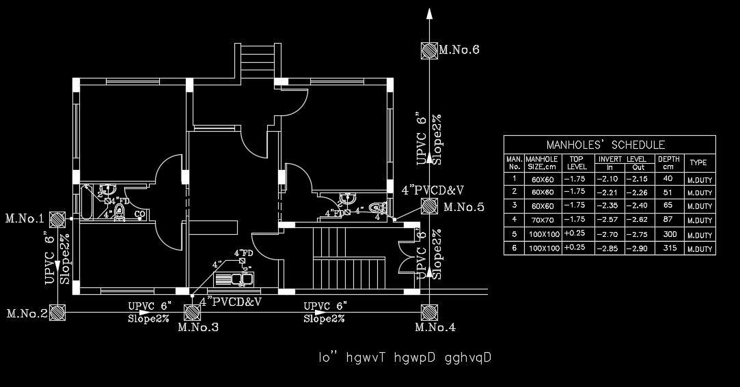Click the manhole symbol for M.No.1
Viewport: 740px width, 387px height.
pos(57,218)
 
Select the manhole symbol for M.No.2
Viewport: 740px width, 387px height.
pos(57,312)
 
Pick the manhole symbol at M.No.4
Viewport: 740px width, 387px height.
pos(429,312)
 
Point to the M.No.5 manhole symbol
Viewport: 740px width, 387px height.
pos(429,206)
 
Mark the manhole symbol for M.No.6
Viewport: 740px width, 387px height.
pos(429,51)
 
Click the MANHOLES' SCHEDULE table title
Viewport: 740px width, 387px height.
pos(605,145)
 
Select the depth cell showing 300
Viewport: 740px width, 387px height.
pos(668,234)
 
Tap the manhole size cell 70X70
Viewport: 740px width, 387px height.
pos(544,220)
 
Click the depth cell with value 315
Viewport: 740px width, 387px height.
pos(668,248)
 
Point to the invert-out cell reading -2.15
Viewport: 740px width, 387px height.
pos(638,178)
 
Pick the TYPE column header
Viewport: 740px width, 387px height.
pos(698,163)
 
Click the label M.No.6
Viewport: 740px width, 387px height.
pos(459,50)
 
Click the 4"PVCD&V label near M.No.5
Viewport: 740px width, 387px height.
pos(433,190)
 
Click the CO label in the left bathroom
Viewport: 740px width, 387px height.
pos(139,214)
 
